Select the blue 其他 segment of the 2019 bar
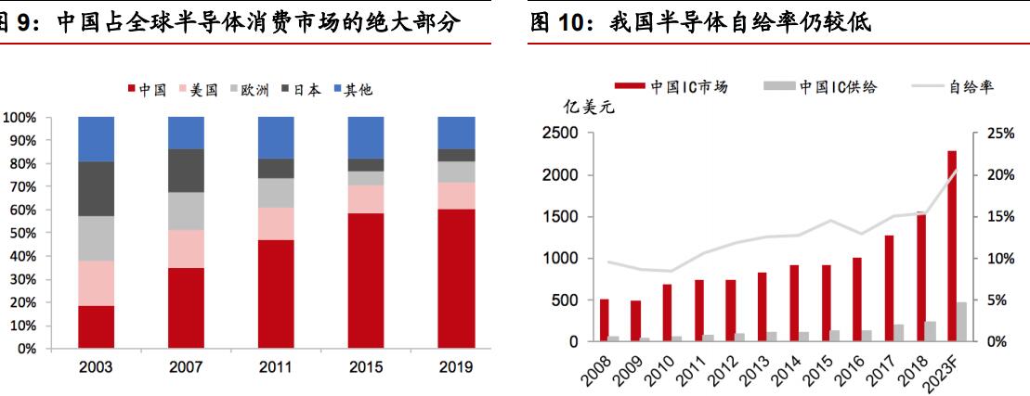(x=456, y=133)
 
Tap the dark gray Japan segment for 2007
(x=186, y=171)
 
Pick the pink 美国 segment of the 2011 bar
(x=276, y=224)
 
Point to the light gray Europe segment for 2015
(x=366, y=178)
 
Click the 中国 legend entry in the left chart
(x=147, y=90)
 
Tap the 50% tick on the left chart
(x=20, y=234)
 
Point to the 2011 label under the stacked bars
(x=276, y=367)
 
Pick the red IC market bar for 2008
(x=605, y=320)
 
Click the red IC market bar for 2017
(x=888, y=288)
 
